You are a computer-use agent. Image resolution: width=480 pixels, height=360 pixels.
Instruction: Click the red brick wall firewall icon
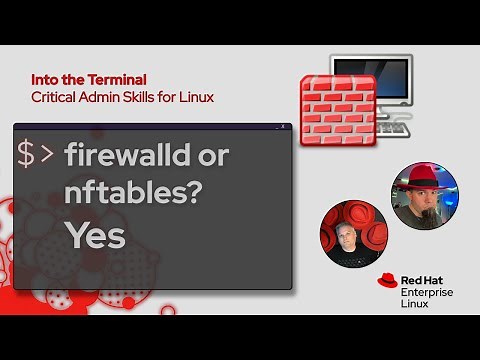point(338,110)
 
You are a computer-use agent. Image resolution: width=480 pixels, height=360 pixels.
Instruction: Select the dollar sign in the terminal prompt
point(26,154)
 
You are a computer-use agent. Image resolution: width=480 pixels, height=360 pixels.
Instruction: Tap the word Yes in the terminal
point(96,235)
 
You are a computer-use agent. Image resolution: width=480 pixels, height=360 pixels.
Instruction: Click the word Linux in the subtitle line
point(195,97)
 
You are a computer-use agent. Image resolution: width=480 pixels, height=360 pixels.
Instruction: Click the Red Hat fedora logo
point(389,283)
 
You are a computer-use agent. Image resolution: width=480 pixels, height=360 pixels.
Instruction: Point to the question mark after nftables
point(189,193)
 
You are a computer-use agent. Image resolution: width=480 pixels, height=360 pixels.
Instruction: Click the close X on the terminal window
point(284,127)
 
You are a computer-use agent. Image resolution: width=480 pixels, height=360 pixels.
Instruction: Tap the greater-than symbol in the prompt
point(48,155)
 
